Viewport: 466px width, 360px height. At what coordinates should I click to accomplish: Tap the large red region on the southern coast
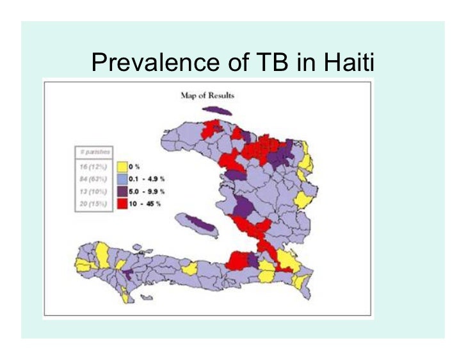[238, 260]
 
